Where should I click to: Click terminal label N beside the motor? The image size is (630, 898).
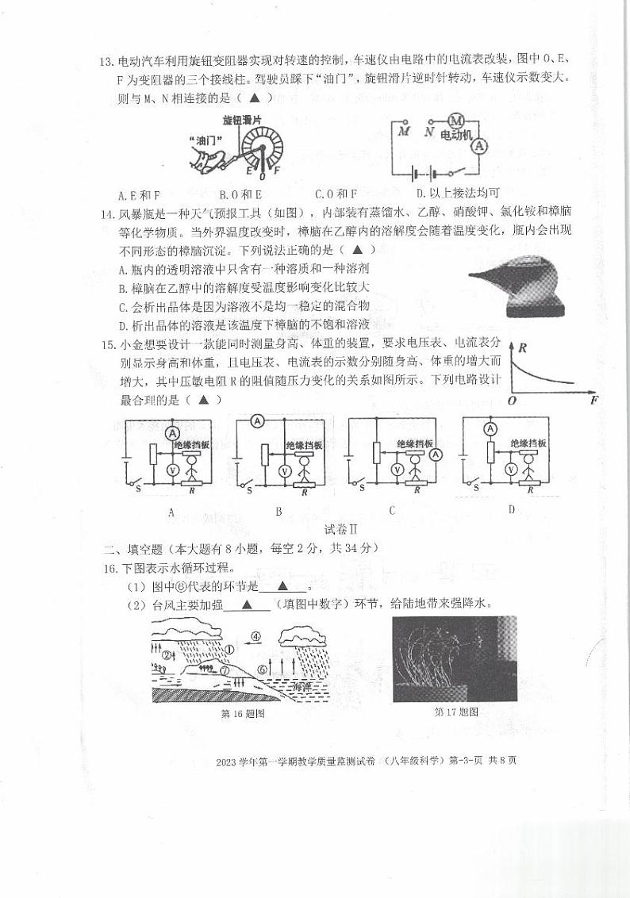pyautogui.click(x=428, y=132)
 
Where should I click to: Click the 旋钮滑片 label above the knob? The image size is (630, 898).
pyautogui.click(x=241, y=119)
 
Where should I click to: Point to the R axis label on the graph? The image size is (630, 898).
pyautogui.click(x=522, y=347)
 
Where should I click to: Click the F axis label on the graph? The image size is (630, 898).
pyautogui.click(x=594, y=401)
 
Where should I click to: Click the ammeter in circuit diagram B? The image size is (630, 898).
pyautogui.click(x=257, y=422)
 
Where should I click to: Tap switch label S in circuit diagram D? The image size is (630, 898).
pyautogui.click(x=477, y=489)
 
